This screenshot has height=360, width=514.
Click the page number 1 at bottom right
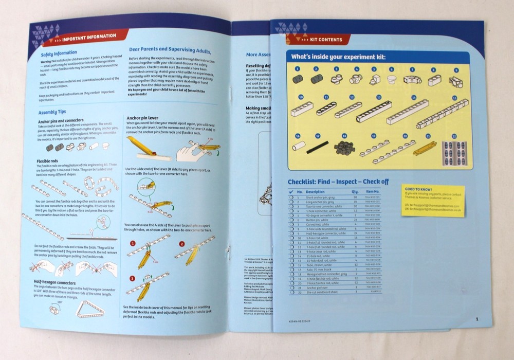tap(477, 319)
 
